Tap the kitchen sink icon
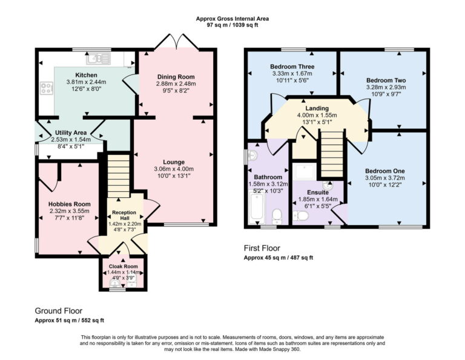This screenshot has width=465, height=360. click(x=97, y=59)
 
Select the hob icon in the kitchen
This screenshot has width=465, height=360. click(x=45, y=90)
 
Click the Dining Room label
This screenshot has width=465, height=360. click(x=176, y=77)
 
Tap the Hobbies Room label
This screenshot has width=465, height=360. click(x=69, y=205)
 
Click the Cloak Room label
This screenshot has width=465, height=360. click(x=123, y=266)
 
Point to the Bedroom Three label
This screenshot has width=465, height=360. click(x=288, y=67)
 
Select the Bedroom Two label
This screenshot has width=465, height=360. click(x=386, y=80)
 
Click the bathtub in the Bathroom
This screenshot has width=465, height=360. click(x=256, y=208)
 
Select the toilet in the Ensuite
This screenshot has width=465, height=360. click(x=300, y=215)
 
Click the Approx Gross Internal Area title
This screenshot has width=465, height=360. click(x=232, y=19)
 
